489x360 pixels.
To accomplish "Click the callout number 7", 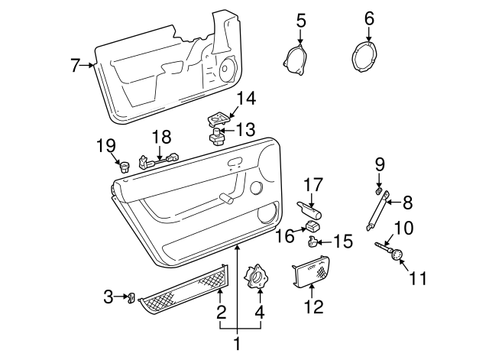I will tap(75, 66).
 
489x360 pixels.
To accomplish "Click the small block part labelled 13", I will tap(217, 138).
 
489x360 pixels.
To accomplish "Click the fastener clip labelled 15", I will tap(313, 242).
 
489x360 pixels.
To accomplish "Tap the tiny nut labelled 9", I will tap(378, 187).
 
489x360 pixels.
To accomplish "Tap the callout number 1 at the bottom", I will tap(237, 345).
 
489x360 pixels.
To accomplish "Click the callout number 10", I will tap(403, 227).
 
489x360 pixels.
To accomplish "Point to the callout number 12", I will tap(314, 308).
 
